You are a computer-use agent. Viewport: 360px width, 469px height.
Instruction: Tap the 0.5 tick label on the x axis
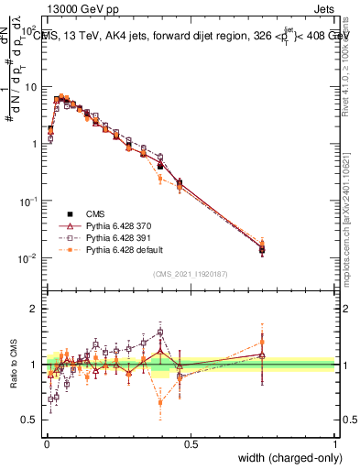pyautogui.click(x=191, y=443)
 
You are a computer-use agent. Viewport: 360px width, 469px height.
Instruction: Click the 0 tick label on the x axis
pyautogui.click(x=46, y=443)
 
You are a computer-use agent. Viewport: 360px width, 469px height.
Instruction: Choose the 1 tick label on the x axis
pyautogui.click(x=335, y=443)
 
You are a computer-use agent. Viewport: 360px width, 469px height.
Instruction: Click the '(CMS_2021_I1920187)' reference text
pyautogui.click(x=191, y=273)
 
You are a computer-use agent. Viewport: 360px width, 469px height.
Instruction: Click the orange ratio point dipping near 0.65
pyautogui.click(x=160, y=402)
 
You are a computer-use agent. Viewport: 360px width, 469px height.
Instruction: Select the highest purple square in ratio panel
pyautogui.click(x=160, y=333)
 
